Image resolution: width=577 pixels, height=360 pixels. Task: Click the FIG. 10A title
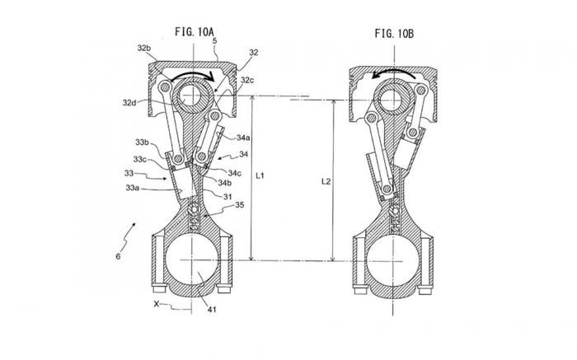[x=194, y=31]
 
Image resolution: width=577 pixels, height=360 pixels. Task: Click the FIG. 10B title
[x=394, y=34]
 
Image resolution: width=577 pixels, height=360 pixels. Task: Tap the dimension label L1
[x=260, y=175]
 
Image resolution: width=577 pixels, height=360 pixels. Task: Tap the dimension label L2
[x=326, y=181]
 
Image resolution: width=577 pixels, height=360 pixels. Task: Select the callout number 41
[x=212, y=310]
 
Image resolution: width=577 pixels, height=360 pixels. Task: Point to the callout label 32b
[x=144, y=48]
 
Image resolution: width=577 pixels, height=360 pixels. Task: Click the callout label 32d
[x=129, y=103]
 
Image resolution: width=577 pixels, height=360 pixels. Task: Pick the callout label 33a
[x=133, y=188]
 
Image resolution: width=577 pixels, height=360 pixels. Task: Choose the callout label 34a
[x=243, y=138]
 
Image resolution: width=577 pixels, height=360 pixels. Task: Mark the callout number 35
[x=239, y=205]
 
